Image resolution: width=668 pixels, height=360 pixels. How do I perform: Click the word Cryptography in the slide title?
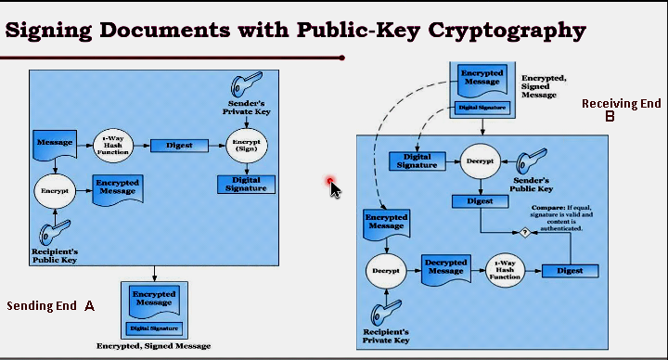click(507, 30)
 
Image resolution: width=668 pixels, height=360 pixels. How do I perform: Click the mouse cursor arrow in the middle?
click(334, 186)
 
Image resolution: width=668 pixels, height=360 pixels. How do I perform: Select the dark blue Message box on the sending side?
click(54, 143)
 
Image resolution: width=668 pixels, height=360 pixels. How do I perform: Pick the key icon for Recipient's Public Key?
click(52, 234)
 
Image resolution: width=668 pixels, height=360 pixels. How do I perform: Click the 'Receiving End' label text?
click(621, 103)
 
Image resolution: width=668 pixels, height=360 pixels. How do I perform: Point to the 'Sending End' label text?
click(41, 305)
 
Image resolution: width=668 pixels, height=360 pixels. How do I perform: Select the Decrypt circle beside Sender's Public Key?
click(481, 160)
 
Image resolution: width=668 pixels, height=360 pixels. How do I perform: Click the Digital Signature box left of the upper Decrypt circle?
click(416, 161)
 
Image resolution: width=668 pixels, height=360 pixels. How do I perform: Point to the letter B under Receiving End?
click(610, 117)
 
